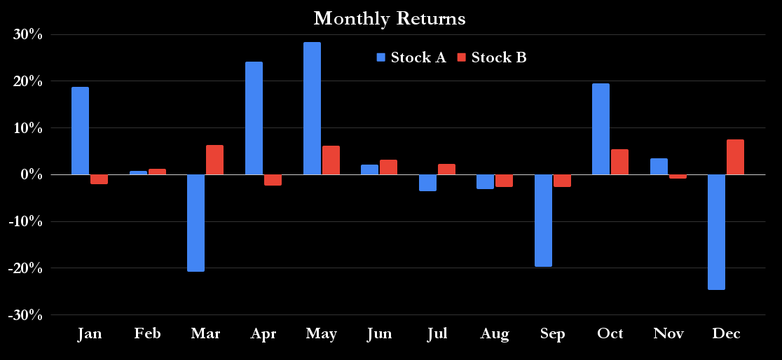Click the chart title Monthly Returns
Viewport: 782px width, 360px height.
pos(390,18)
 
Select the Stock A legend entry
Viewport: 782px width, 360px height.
pos(411,57)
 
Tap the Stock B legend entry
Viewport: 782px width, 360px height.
pos(492,57)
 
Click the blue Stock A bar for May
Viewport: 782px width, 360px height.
pos(312,109)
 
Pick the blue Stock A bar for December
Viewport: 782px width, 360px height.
pos(716,232)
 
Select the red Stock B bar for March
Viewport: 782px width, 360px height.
pos(214,160)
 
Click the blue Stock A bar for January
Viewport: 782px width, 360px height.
pos(80,131)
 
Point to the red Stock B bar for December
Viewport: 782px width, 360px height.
pos(735,157)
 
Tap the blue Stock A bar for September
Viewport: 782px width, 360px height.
pos(543,221)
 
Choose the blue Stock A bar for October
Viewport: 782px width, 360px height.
pos(601,129)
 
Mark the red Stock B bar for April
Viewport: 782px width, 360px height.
pos(273,180)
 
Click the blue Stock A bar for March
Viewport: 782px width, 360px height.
pos(195,223)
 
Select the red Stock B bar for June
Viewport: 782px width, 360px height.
pos(388,167)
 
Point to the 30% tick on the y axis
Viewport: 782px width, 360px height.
pos(27,34)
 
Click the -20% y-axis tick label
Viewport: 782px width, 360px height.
pos(25,268)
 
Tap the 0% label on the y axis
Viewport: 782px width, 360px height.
pos(30,174)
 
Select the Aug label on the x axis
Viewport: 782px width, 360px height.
pos(495,333)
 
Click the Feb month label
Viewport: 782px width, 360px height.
pos(147,333)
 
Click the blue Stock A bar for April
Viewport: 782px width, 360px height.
pos(254,118)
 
